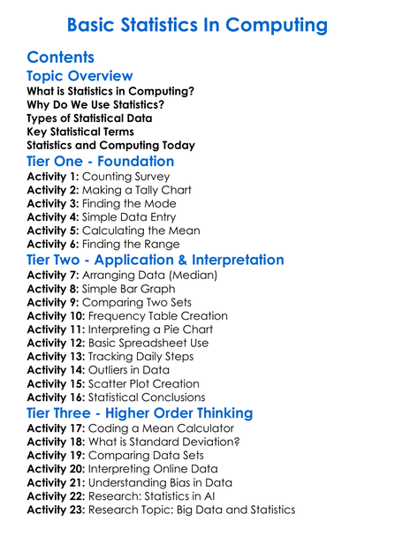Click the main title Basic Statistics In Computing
(197, 24)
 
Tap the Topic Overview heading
(80, 76)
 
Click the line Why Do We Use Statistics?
(95, 104)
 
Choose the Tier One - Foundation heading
(100, 162)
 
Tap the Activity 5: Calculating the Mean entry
(113, 231)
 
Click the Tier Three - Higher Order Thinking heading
(152, 413)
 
